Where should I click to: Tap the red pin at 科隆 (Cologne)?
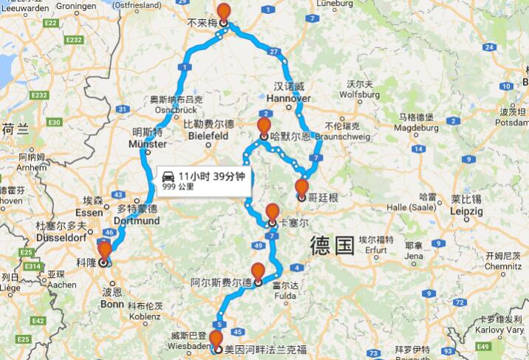coord(104,251)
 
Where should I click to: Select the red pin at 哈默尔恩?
coord(264,126)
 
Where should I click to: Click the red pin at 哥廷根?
coord(301,187)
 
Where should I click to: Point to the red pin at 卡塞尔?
coord(272,212)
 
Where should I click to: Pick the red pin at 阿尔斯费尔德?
coord(258,272)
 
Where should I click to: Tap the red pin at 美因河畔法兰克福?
coord(216,340)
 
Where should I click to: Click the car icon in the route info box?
coord(168,177)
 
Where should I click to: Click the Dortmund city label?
coord(138,221)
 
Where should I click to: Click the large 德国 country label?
coord(332,245)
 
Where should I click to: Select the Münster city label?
coord(148,145)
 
